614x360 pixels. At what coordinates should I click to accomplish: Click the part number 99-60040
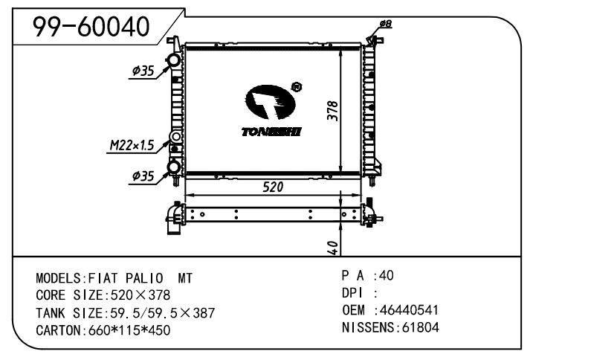coord(91,27)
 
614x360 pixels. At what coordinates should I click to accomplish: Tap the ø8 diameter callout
coord(386,24)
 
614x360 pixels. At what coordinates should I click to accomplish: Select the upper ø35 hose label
coord(143,71)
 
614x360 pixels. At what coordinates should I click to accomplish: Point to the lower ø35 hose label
coord(143,176)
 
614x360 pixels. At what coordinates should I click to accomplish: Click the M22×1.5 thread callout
coord(132,146)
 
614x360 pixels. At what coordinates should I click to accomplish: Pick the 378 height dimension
coord(332,111)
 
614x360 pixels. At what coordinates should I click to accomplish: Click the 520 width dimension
coord(273,187)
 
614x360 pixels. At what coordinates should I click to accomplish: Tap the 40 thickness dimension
coord(332,248)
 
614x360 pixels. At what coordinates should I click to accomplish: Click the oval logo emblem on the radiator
coord(270,102)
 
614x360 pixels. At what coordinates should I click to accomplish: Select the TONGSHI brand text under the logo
coord(271,132)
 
